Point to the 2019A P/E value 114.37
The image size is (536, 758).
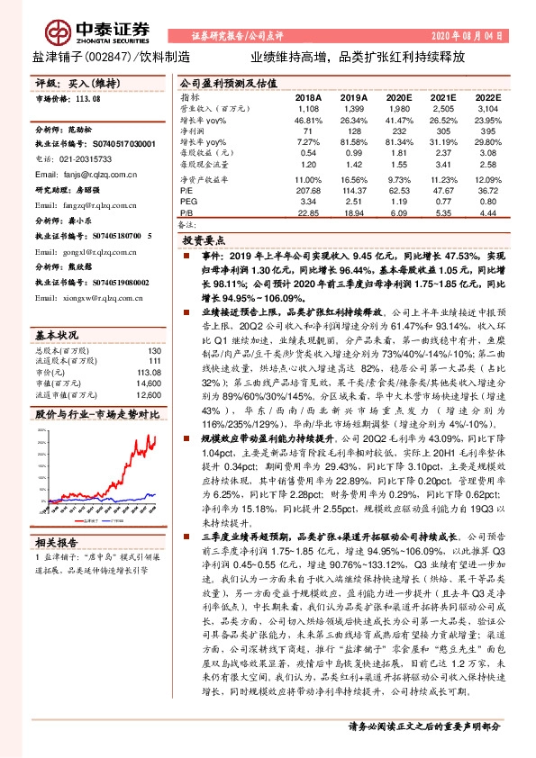[352, 192]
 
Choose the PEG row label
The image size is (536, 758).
[188, 203]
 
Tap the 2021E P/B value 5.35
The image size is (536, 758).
[441, 213]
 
